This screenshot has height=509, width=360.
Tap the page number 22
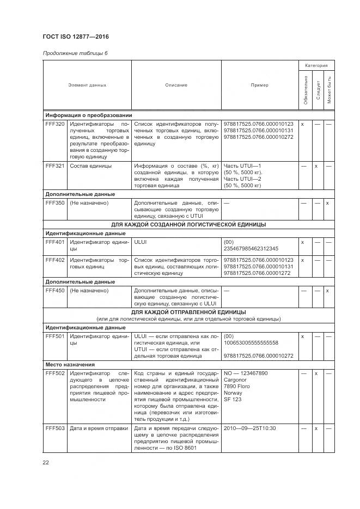pos(46,462)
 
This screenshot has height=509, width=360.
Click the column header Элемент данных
pos(87,85)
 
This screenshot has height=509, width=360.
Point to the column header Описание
pos(176,85)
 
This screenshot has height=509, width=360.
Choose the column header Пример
pos(259,85)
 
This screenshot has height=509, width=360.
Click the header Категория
pos(316,65)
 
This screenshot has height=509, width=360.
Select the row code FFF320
pos(55,124)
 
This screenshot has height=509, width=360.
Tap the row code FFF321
pos(55,165)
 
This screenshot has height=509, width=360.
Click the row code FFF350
pos(55,203)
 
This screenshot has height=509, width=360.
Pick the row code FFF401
pos(55,241)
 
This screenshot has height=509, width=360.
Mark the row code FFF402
pos(55,260)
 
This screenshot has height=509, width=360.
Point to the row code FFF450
pos(55,291)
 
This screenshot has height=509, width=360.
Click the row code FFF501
pos(55,336)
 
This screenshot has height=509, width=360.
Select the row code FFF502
pos(55,373)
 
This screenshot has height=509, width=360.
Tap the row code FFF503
pos(55,428)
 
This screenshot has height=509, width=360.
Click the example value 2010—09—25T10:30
pos(249,428)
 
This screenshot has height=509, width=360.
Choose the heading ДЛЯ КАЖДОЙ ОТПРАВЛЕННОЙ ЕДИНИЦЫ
pos(188,312)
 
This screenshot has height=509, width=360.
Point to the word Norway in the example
pos(233,393)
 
